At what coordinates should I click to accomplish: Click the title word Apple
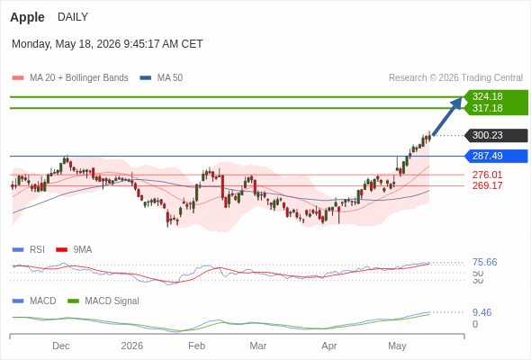tap(27, 17)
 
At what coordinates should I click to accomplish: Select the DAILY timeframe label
tap(73, 17)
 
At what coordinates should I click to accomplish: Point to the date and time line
tap(107, 44)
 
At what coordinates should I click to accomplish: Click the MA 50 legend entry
tap(161, 78)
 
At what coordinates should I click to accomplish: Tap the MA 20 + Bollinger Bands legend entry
tap(70, 78)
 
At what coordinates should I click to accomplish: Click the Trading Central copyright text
tap(455, 78)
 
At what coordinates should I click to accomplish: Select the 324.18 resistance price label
tap(487, 96)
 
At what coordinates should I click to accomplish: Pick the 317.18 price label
tap(487, 108)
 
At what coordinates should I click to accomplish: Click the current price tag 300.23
tap(487, 136)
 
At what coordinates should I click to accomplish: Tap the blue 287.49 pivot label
tap(487, 156)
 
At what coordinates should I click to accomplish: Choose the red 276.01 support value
tap(487, 175)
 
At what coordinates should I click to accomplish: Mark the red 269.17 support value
tap(487, 185)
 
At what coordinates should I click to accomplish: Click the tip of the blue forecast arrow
tap(463, 97)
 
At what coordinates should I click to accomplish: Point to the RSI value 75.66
tap(484, 262)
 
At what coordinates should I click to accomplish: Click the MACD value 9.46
tap(481, 312)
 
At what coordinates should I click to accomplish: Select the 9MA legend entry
tap(74, 250)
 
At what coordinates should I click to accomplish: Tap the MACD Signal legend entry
tap(103, 301)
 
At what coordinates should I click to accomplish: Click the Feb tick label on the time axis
tap(197, 346)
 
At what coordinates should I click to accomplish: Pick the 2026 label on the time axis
tap(132, 346)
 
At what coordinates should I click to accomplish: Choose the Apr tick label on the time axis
tap(329, 346)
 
